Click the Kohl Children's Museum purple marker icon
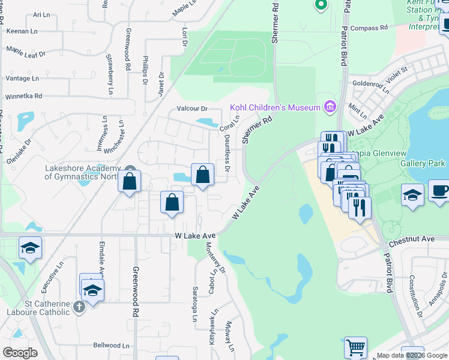(x=329, y=107)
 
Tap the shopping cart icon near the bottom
(x=355, y=347)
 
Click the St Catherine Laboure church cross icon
(x=79, y=308)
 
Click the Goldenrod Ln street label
(x=372, y=85)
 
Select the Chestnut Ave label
(x=411, y=239)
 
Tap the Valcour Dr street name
(x=191, y=109)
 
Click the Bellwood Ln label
(x=111, y=346)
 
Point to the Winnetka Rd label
(x=23, y=95)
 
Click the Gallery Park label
(x=423, y=163)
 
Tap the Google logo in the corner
(x=20, y=352)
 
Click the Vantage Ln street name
(x=22, y=78)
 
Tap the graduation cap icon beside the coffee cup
(x=412, y=194)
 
